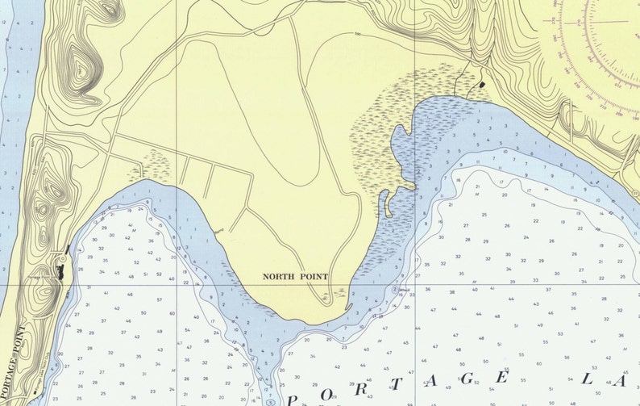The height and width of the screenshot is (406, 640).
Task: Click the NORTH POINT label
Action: (x=296, y=277)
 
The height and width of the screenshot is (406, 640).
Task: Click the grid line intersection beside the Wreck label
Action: (x=414, y=284)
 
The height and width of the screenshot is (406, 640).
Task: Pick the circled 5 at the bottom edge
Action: (x=272, y=400)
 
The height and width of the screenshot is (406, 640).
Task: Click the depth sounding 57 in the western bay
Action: (x=160, y=300)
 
